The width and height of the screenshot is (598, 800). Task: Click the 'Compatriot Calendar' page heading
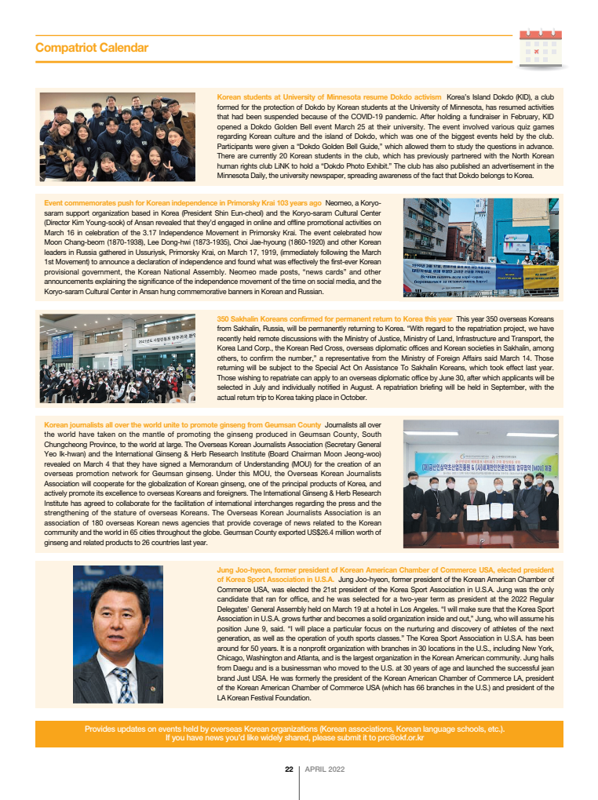coord(92,48)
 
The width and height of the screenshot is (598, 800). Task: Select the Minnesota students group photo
coord(118,138)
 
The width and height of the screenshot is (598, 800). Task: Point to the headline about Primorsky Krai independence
coord(183,202)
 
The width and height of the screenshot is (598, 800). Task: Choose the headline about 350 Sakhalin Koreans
coord(334,319)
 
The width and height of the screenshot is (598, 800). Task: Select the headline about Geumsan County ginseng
coord(183,425)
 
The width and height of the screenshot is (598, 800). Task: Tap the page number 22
coord(289,769)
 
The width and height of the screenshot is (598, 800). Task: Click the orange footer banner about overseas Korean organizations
coord(298,733)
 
